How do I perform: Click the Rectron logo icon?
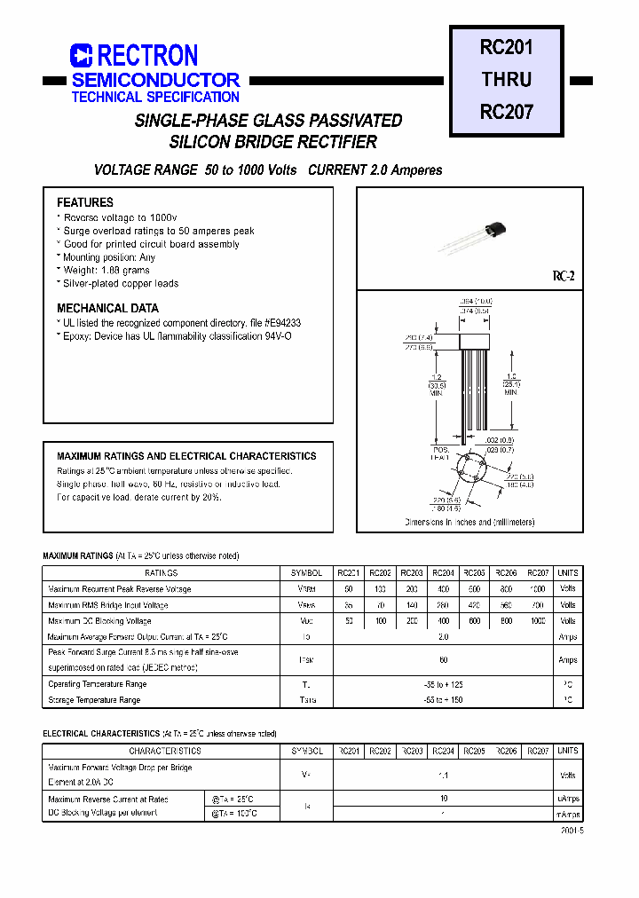[x=82, y=56]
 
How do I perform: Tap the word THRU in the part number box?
[x=506, y=79]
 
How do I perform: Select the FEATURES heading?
[x=85, y=202]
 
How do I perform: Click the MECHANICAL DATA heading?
[x=107, y=309]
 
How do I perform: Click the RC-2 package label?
[x=564, y=277]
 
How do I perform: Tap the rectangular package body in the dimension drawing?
[x=482, y=342]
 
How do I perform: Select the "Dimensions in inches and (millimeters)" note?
[x=469, y=523]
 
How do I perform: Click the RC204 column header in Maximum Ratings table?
[x=443, y=573]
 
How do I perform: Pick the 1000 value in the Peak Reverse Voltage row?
[x=538, y=589]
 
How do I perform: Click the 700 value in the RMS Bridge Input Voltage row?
[x=538, y=605]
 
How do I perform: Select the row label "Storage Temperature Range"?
[x=94, y=700]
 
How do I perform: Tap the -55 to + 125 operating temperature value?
[x=444, y=685]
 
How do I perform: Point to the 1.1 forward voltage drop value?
[x=444, y=776]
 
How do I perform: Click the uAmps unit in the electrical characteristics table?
[x=568, y=799]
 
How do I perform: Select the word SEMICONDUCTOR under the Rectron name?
[x=156, y=80]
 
